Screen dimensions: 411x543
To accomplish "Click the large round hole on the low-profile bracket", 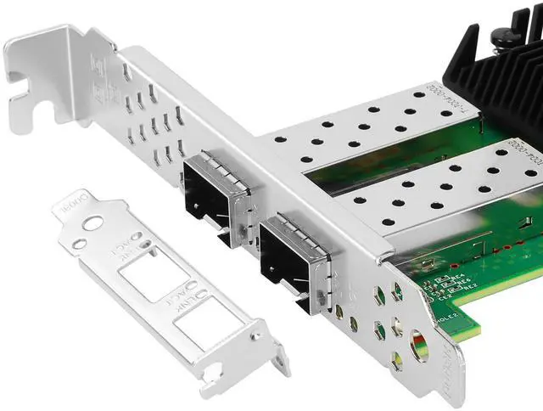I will click(x=93, y=223).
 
